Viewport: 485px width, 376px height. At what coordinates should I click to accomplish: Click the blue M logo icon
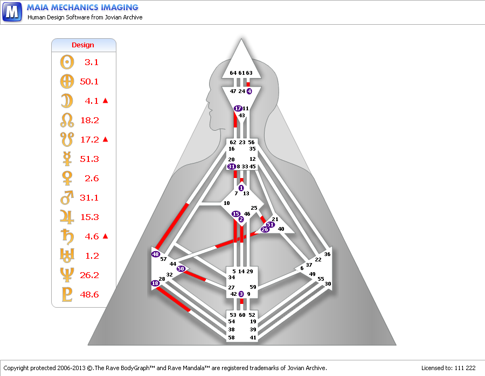tap(12, 12)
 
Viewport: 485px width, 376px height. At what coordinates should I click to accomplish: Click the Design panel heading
tap(83, 45)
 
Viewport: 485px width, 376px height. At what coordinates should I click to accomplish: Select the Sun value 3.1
tap(92, 62)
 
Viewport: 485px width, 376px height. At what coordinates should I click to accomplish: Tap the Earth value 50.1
tap(89, 82)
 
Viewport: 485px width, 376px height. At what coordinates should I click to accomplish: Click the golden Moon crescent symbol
tap(67, 101)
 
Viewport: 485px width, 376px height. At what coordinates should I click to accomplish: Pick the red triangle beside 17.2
tap(105, 139)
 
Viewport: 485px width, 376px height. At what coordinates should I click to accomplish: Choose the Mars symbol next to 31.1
tap(67, 197)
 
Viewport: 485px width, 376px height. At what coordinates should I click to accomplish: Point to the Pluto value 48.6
tap(89, 294)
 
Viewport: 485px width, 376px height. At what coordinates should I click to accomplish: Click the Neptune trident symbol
tap(67, 275)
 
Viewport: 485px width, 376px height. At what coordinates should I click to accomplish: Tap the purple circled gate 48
tap(155, 254)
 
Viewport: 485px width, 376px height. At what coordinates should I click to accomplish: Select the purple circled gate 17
tap(238, 108)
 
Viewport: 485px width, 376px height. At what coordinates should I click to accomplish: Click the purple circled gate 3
tap(241, 294)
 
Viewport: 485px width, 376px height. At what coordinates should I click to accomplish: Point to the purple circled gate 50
tap(181, 268)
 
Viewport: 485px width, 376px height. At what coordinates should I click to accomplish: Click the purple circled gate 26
tap(265, 229)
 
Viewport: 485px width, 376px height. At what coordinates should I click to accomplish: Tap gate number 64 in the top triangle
tap(233, 73)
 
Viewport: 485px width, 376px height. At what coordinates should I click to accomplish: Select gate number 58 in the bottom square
tap(231, 337)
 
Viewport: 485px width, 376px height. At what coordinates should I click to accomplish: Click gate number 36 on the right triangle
tap(327, 254)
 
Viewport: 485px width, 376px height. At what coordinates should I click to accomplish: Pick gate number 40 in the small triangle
tap(281, 229)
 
